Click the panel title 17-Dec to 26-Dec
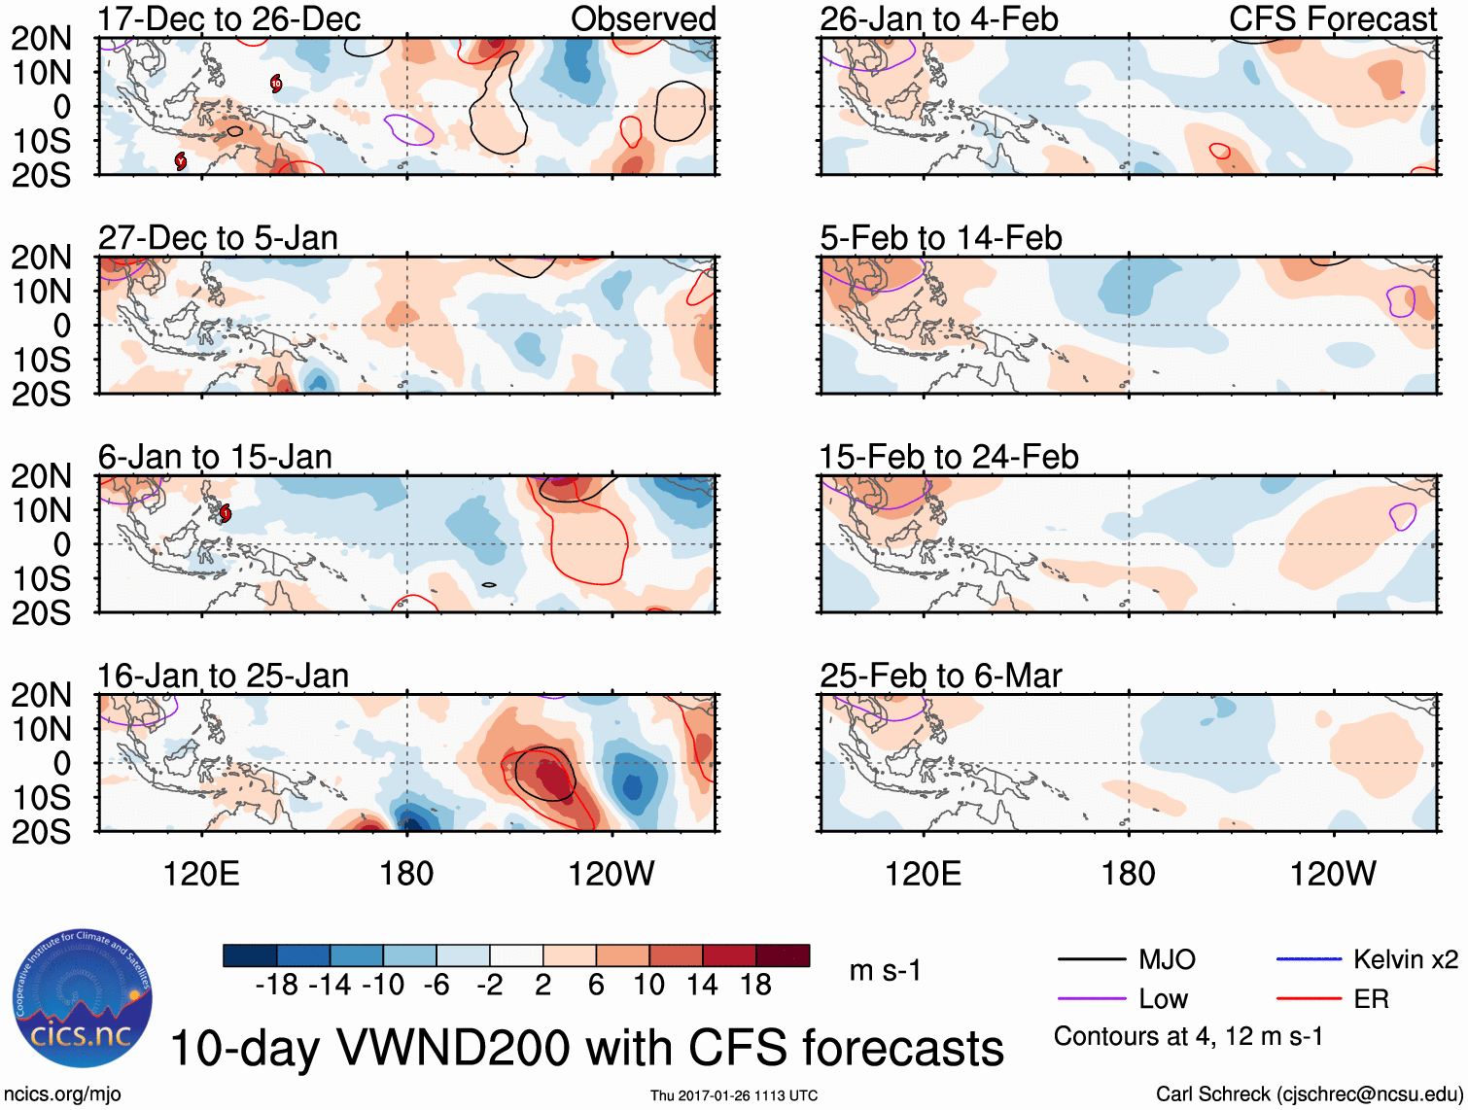coord(229,19)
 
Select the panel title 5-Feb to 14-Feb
coord(940,238)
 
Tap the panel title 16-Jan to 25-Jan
coord(223,676)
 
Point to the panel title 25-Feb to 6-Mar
coord(940,676)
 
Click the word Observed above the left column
coord(644,19)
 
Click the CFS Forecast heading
coord(1333,19)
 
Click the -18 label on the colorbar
coord(277,986)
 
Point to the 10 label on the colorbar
coord(648,986)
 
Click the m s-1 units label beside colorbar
coord(885,971)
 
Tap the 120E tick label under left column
coord(201,874)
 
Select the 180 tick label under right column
coord(1128,874)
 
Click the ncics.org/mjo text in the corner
coord(62,1094)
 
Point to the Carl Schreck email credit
coord(1309,1094)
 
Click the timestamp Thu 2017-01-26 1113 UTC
coord(734,1095)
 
